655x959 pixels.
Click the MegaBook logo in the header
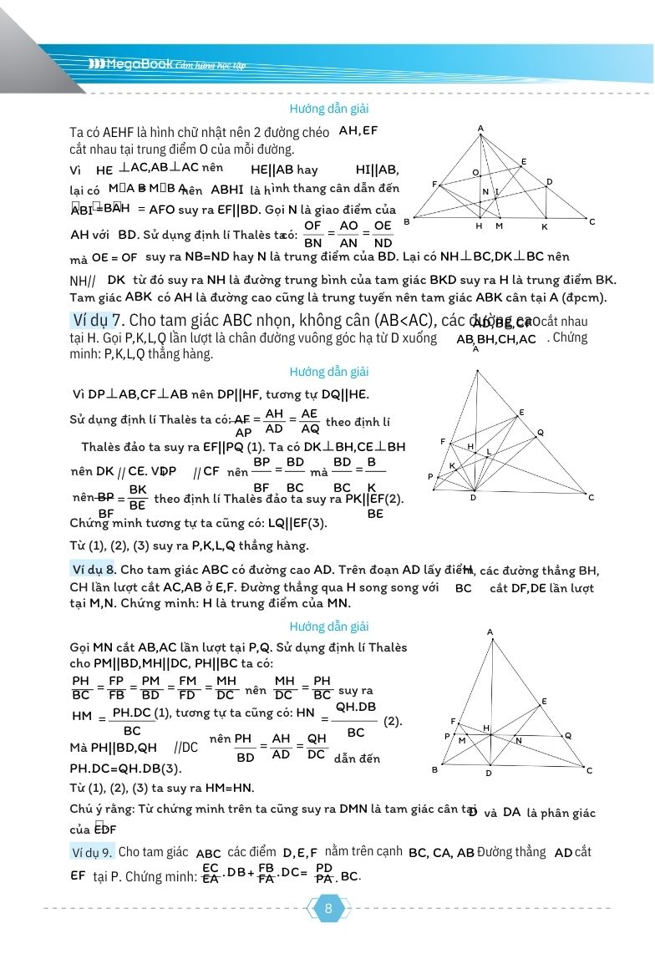(x=130, y=63)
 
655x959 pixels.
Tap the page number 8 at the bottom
(x=328, y=909)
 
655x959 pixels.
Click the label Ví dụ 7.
(x=99, y=321)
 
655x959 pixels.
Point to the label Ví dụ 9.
(x=92, y=852)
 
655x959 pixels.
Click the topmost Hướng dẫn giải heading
(x=329, y=109)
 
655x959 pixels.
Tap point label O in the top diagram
(x=475, y=173)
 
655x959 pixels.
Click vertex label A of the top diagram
(x=481, y=128)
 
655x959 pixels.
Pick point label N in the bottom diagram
(x=518, y=740)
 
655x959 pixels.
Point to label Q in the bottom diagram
(x=568, y=735)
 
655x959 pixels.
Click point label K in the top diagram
(x=544, y=226)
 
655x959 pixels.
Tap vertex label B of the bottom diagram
(x=434, y=769)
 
